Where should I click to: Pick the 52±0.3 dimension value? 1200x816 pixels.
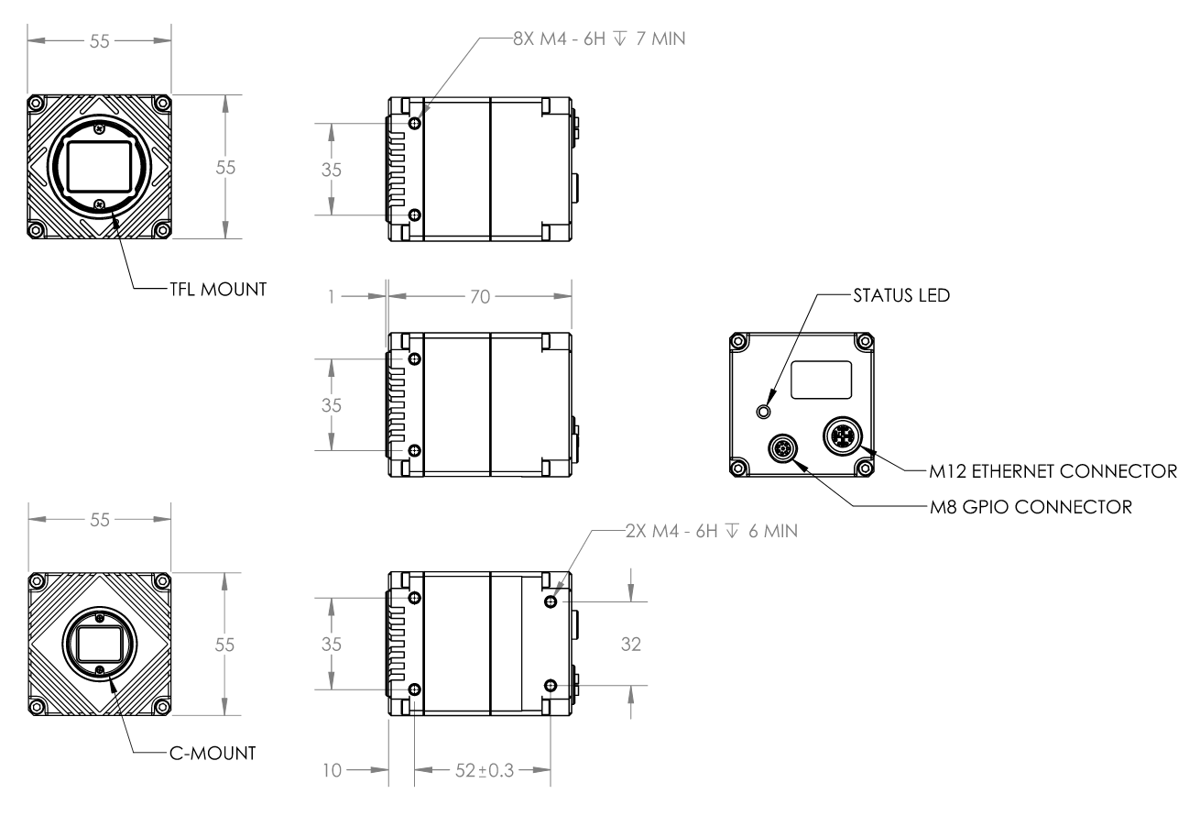pyautogui.click(x=482, y=768)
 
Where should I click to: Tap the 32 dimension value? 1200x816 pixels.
pyautogui.click(x=630, y=645)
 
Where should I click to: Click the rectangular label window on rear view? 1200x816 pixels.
pyautogui.click(x=822, y=380)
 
